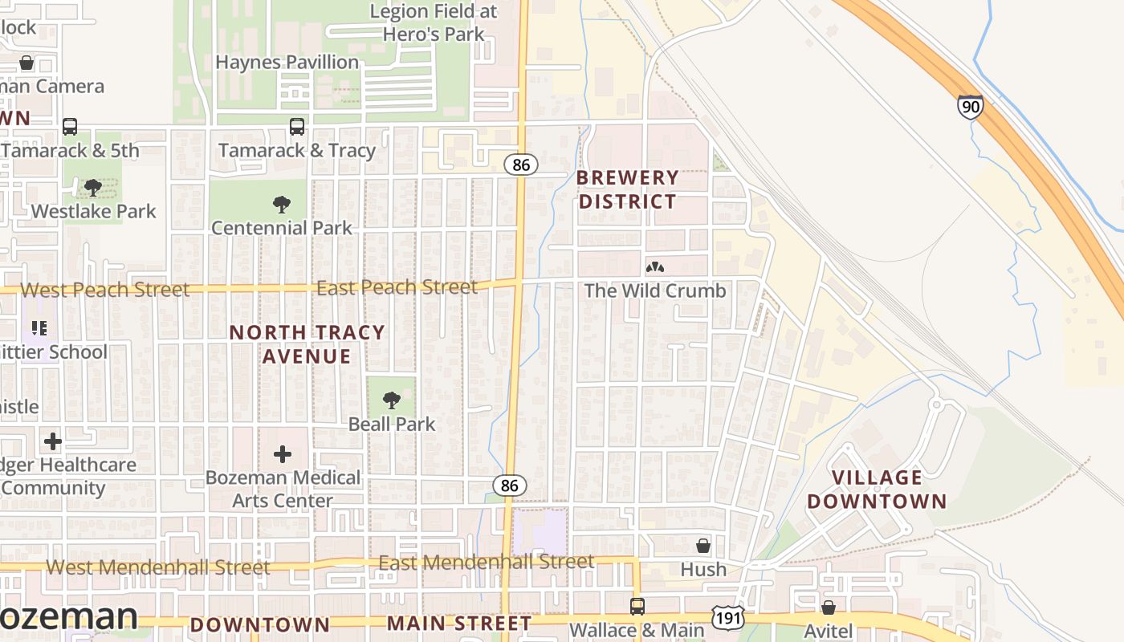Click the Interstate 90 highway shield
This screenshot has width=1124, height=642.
(x=970, y=106)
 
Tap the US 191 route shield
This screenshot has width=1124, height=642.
(x=727, y=617)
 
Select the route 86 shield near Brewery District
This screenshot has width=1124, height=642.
(x=520, y=165)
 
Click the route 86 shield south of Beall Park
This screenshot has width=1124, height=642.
(x=509, y=485)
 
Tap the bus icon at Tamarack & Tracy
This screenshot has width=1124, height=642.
(x=297, y=127)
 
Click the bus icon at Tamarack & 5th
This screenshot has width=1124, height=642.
(x=70, y=127)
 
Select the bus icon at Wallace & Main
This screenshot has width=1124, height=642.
(x=637, y=607)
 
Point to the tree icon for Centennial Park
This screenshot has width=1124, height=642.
(x=281, y=205)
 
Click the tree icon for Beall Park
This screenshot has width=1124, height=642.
(x=392, y=400)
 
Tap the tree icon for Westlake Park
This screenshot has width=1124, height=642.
(x=93, y=188)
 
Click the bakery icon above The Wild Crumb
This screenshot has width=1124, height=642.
(x=654, y=266)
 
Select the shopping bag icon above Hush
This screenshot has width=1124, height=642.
(x=703, y=546)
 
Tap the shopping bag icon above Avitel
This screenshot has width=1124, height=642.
(x=828, y=607)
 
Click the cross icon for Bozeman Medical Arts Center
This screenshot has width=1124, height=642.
(x=283, y=454)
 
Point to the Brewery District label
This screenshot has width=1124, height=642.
(x=628, y=189)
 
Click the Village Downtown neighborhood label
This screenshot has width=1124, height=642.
(x=877, y=490)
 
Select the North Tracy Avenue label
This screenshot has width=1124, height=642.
(x=307, y=344)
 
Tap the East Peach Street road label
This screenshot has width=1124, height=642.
(x=397, y=287)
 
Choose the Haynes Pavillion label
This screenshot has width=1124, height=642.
(x=287, y=63)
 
